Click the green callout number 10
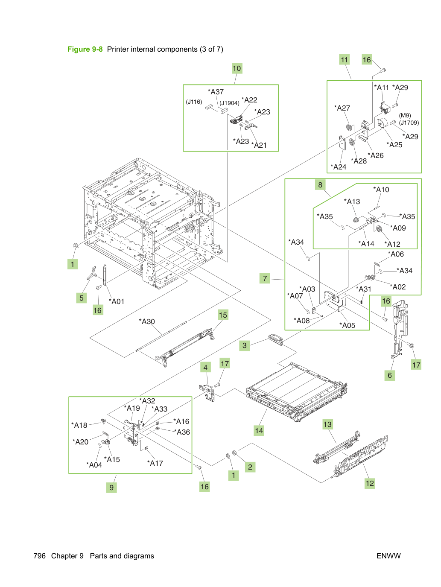tap(237, 68)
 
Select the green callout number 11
tap(345, 59)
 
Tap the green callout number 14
tap(259, 431)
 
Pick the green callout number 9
tap(111, 488)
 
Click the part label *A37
tap(216, 92)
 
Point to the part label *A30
tap(147, 321)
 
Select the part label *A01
tap(117, 301)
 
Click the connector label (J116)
tap(194, 102)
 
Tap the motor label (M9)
tap(405, 115)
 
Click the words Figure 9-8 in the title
tap(85, 49)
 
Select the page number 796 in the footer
tap(40, 556)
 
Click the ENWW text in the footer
tap(388, 556)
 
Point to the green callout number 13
tap(327, 424)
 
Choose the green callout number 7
tap(265, 278)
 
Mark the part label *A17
tap(155, 463)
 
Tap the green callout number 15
tap(223, 315)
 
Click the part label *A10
tap(381, 190)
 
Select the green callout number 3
tap(245, 345)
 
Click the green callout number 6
tap(390, 375)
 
